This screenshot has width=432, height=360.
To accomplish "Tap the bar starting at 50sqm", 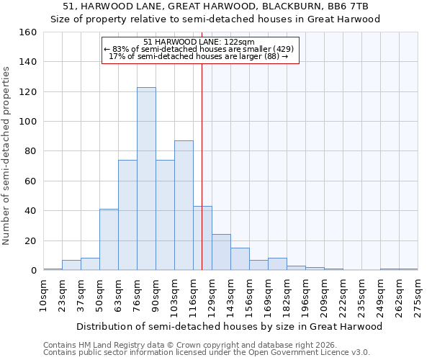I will (109, 240).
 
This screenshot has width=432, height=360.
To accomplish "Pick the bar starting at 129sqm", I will (221, 252).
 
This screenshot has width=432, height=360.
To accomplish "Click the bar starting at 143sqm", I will (240, 259).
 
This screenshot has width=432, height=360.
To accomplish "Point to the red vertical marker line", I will (202, 166).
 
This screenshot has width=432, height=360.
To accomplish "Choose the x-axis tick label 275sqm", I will (418, 295).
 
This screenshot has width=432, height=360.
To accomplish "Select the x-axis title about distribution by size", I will (230, 326).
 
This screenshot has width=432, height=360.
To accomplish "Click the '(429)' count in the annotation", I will (280, 49).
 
